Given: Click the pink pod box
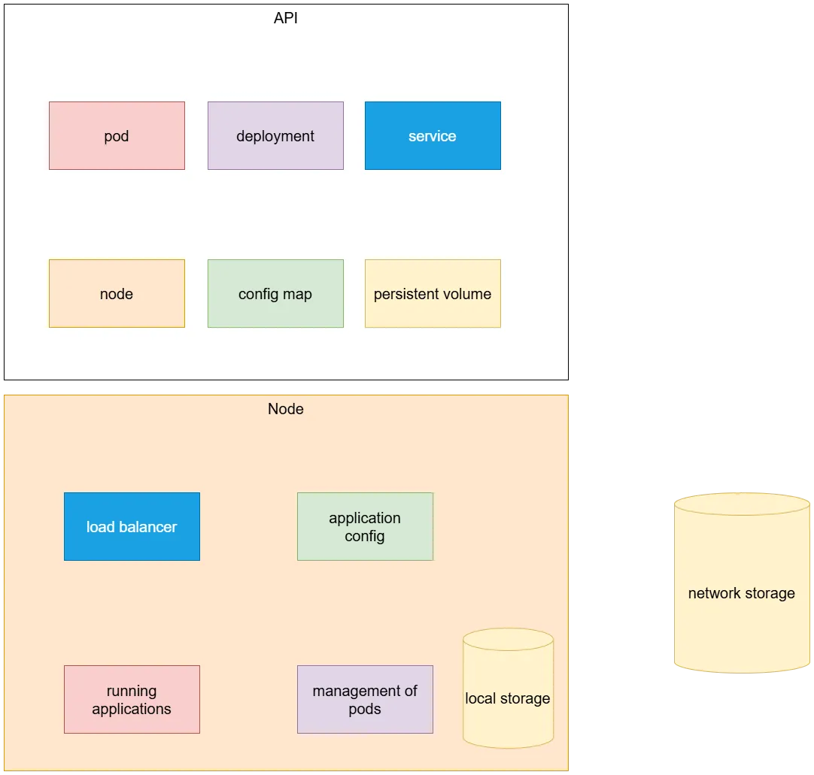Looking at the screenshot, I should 117,136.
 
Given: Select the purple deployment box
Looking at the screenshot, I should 275,136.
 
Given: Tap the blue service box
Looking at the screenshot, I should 433,136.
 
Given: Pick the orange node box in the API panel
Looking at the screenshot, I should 117,294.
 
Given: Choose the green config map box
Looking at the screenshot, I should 275,294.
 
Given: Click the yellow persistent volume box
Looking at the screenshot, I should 433,294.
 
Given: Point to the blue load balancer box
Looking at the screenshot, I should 132,527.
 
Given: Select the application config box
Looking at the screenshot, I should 365,527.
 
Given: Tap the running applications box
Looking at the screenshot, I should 132,700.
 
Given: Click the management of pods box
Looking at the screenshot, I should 365,700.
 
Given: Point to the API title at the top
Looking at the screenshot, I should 286,18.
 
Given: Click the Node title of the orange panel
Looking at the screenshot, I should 286,409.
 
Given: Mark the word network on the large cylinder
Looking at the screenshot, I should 714,593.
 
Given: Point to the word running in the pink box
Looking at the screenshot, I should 132,691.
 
